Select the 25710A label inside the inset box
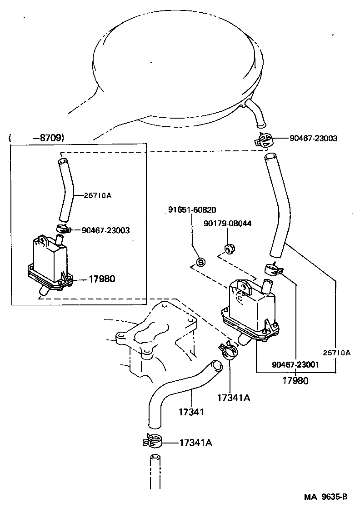98,195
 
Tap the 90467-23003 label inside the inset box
105,230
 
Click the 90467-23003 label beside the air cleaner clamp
313,138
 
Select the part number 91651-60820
192,210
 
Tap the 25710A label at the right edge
337,352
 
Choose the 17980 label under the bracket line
295,380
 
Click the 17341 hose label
190,412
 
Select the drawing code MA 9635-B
326,497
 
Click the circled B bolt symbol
200,262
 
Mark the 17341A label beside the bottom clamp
195,442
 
